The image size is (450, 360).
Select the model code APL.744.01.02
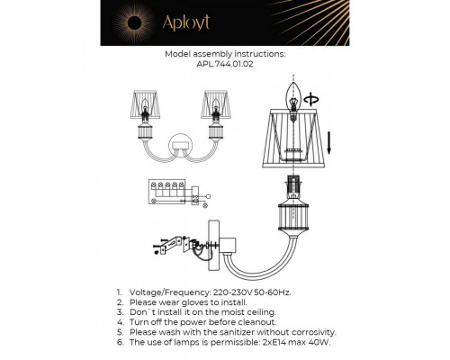coord(225,64)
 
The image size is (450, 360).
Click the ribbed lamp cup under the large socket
coord(293,221)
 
